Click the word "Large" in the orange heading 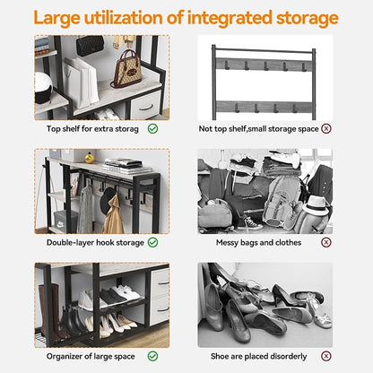click(x=56, y=19)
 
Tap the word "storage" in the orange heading click(x=307, y=19)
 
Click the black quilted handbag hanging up click(x=90, y=46)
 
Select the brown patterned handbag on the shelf click(x=127, y=69)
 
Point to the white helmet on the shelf click(x=43, y=88)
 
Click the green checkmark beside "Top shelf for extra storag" click(x=152, y=129)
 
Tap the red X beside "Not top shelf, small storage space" click(x=326, y=128)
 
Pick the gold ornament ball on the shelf click(x=90, y=158)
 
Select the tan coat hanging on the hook click(x=114, y=216)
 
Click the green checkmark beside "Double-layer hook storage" click(x=152, y=242)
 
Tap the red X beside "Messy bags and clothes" click(x=326, y=242)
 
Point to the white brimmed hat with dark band click(x=316, y=205)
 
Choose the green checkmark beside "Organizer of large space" click(x=152, y=356)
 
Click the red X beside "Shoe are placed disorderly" click(x=326, y=356)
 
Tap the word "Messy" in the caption click(x=227, y=243)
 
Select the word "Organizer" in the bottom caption click(x=65, y=357)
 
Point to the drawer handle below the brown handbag click(x=145, y=107)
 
